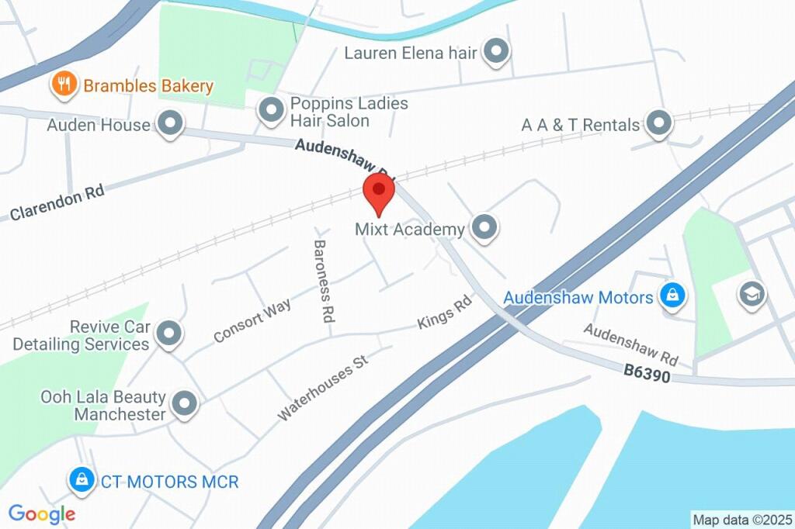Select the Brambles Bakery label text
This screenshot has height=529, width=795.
148,86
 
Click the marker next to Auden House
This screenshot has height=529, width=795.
169,123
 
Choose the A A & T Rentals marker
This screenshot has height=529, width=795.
659,123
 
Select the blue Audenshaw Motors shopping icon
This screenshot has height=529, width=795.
671,296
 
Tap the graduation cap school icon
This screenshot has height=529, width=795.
752,293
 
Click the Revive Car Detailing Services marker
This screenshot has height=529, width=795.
168,334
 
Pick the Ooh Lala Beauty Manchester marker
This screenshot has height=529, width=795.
184,403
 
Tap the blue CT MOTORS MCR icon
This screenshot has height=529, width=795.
81,481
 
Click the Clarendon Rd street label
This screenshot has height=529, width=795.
57,204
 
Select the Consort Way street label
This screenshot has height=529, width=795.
252,320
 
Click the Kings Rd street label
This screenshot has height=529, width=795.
445,312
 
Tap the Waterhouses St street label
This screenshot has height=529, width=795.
321,388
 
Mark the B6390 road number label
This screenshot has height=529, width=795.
647,374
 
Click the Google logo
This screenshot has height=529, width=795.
42,513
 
